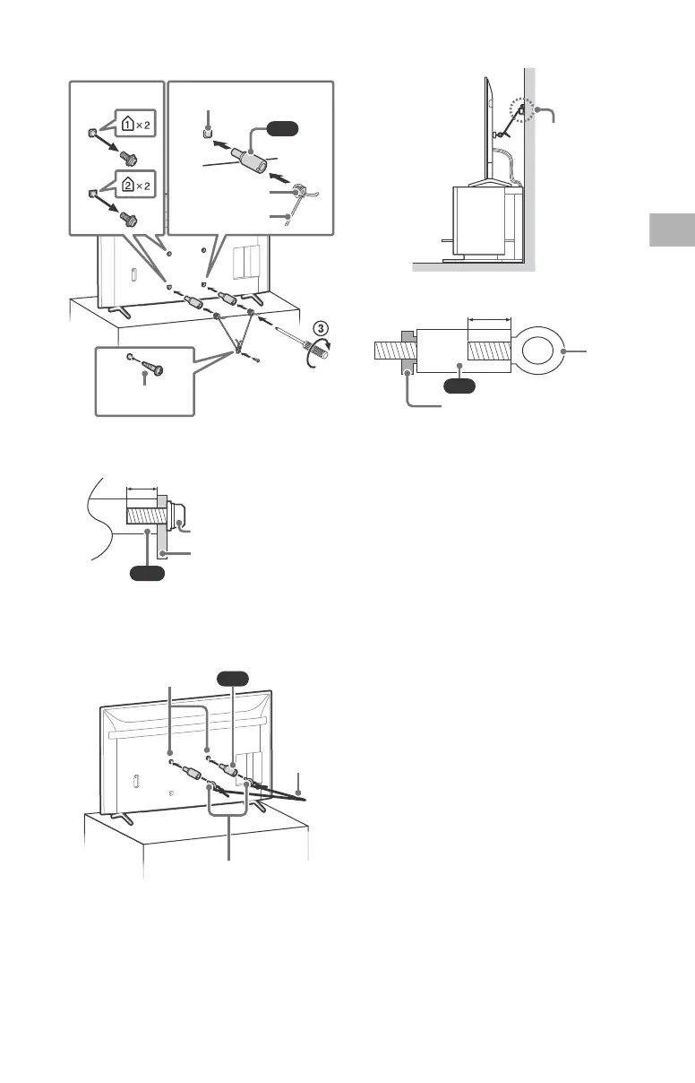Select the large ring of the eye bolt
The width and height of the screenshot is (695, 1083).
[536, 351]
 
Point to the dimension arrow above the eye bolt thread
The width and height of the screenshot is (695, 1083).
[488, 318]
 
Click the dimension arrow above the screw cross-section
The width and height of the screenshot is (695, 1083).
[142, 490]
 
